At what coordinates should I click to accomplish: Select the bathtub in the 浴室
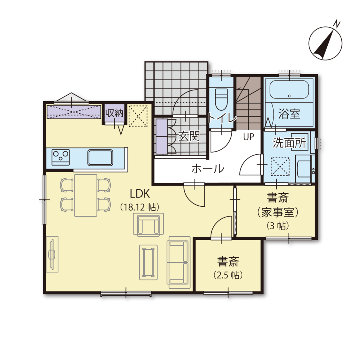tap(289, 89)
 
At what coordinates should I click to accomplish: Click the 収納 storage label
tap(114, 113)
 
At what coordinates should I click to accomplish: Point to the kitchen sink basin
tap(100, 157)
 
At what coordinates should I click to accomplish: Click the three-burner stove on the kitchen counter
tap(60, 157)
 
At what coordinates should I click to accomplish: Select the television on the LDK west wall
tap(52, 254)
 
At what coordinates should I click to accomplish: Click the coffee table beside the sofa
tap(148, 262)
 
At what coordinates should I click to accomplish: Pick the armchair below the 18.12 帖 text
tap(149, 225)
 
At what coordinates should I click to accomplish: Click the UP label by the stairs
tap(249, 137)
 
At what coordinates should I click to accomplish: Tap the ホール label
tap(208, 169)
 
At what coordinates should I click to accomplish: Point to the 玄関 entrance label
tap(189, 136)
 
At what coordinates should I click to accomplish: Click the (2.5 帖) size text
tap(228, 275)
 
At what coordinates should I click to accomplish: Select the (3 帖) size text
tap(278, 226)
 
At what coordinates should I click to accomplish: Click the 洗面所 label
tap(289, 143)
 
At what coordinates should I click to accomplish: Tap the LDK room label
tap(140, 194)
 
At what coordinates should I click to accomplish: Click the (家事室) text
tap(278, 212)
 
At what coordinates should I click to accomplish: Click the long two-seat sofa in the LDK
tap(178, 262)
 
